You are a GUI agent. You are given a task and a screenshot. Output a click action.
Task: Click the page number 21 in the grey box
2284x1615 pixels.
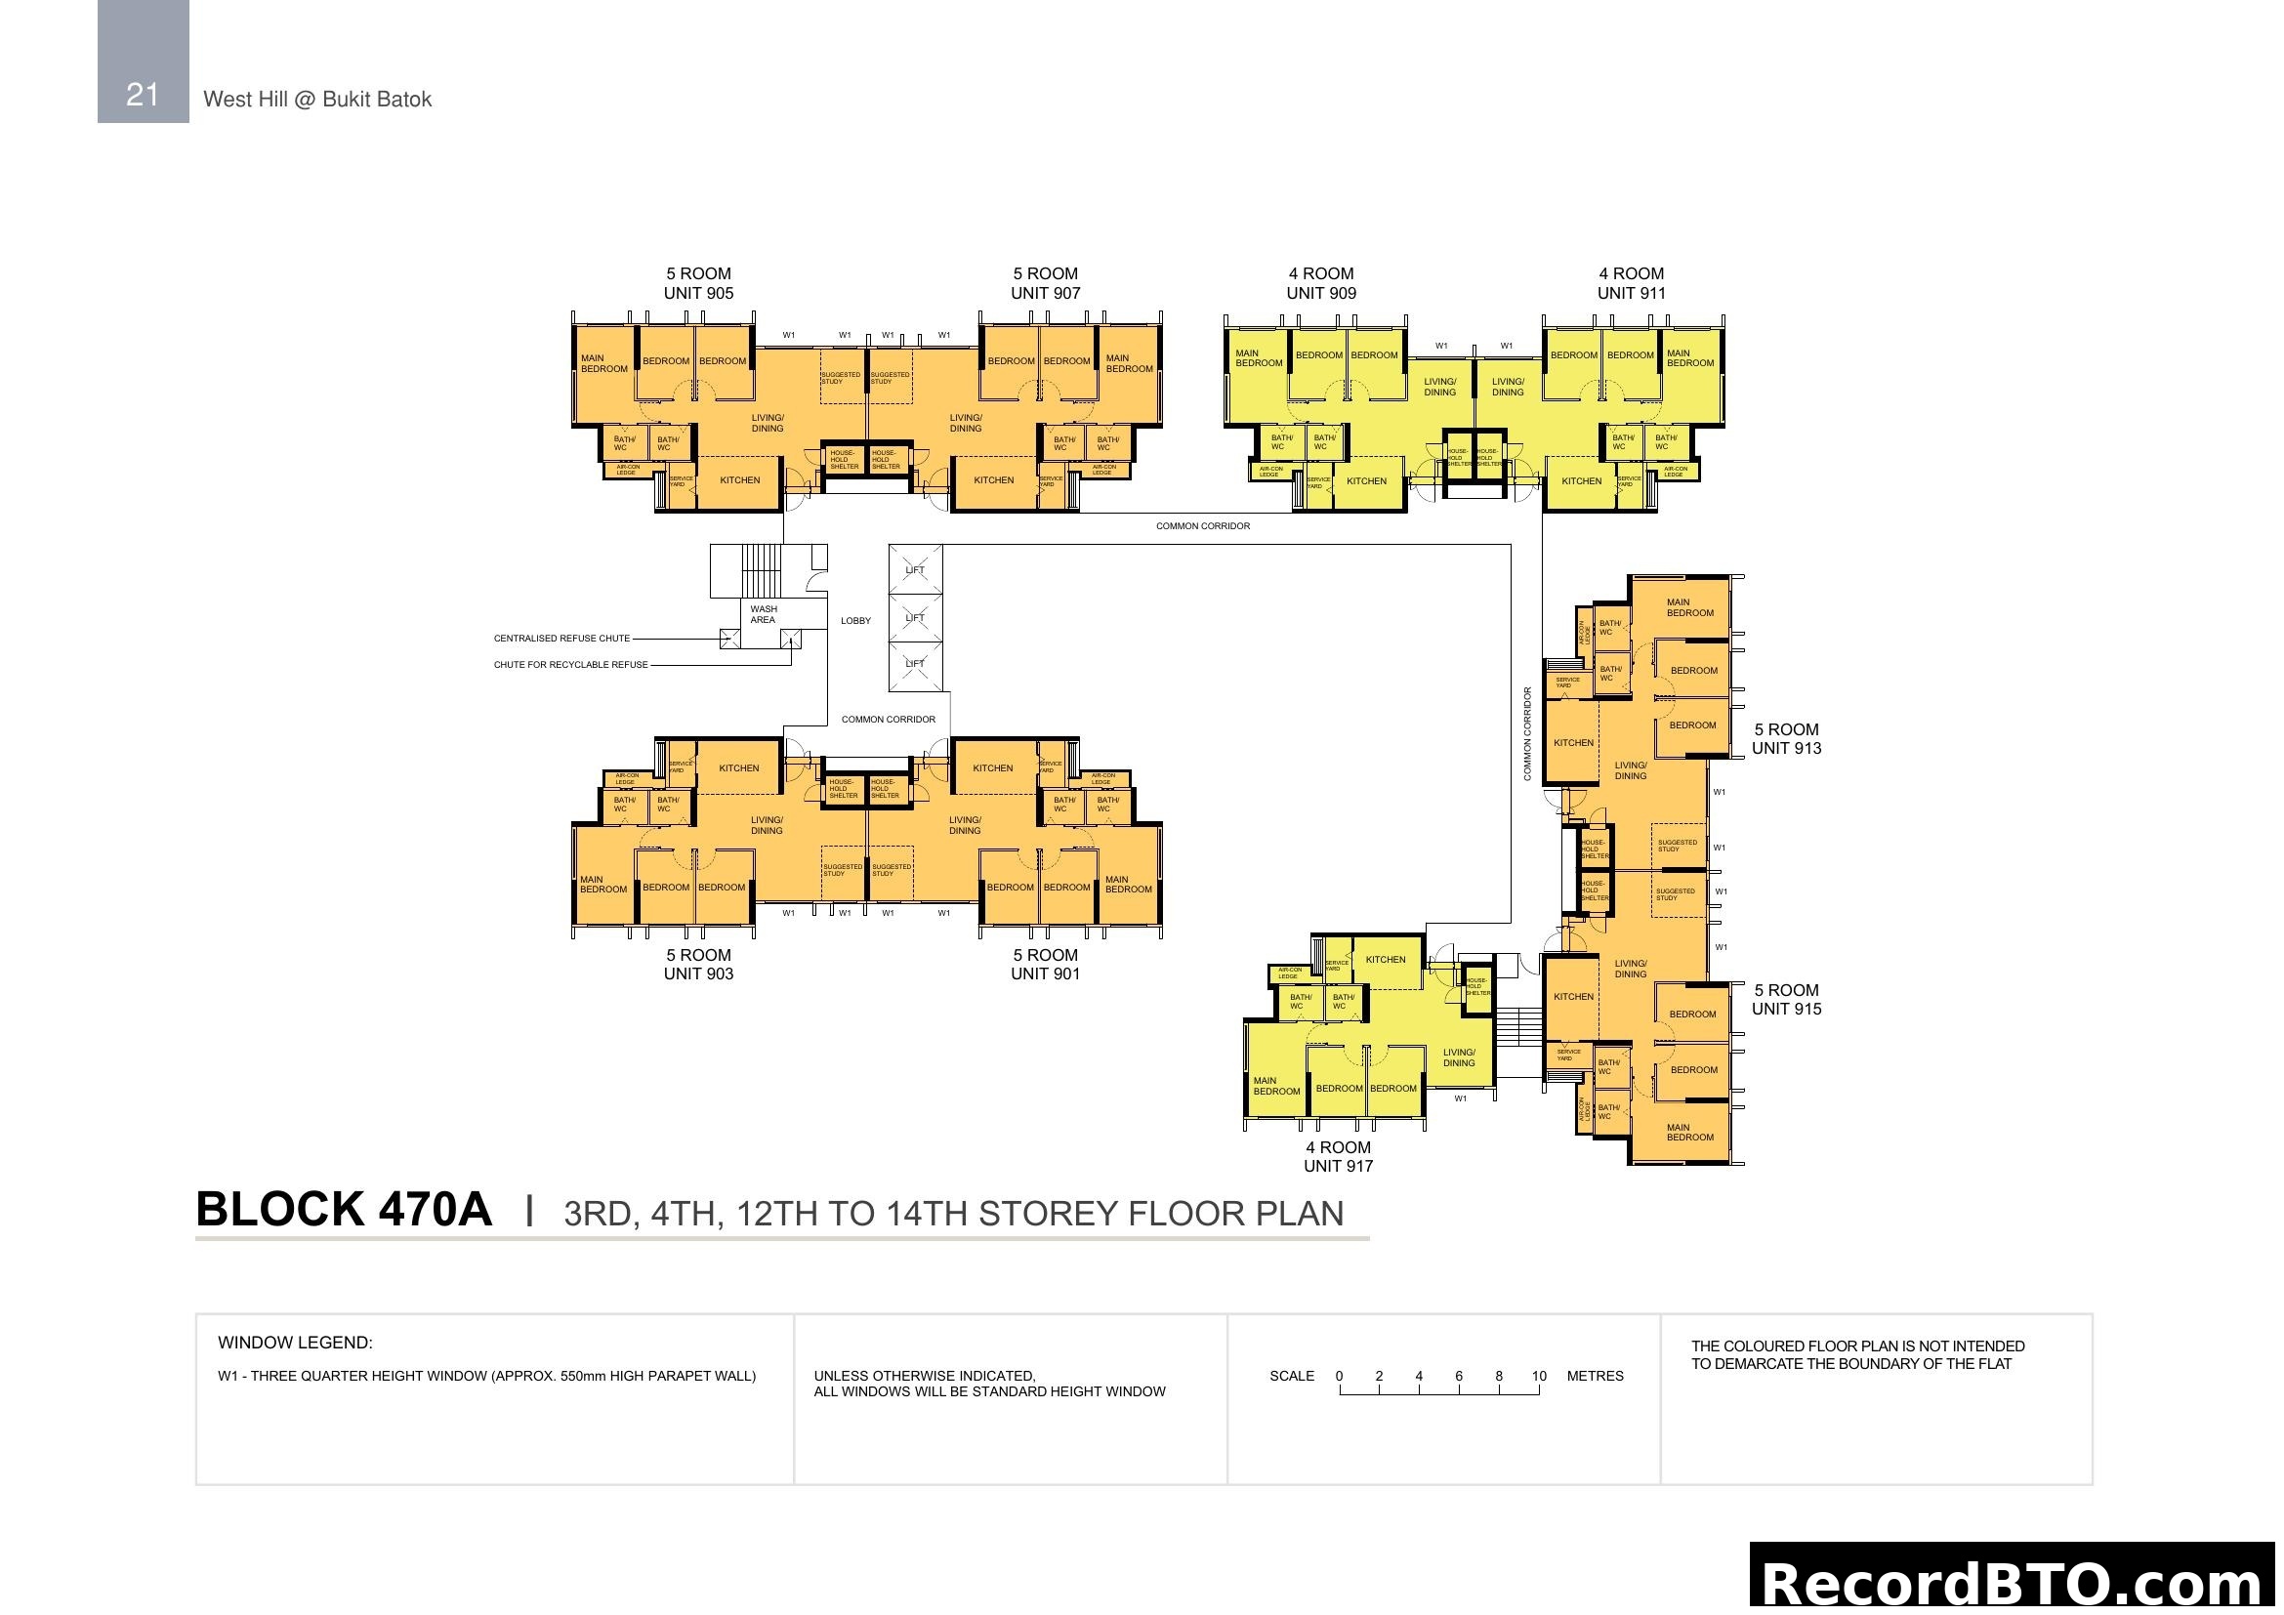point(143,95)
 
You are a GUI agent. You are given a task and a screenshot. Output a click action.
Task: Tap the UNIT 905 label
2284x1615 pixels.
point(698,292)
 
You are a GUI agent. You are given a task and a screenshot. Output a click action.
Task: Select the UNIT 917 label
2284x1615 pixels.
point(1338,1166)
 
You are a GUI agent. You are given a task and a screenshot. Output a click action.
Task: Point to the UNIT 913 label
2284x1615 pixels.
point(1787,748)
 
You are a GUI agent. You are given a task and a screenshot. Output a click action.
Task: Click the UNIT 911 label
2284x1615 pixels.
point(1632,292)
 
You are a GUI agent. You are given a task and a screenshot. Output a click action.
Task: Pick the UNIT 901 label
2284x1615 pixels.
point(1046,973)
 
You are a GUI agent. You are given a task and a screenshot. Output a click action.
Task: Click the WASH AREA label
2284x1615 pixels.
point(763,614)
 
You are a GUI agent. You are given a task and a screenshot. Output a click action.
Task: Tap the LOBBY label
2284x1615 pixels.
point(855,621)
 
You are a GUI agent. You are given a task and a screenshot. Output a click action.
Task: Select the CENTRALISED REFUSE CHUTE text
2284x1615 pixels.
point(562,639)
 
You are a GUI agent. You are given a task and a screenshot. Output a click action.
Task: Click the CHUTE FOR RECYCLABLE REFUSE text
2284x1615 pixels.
point(571,664)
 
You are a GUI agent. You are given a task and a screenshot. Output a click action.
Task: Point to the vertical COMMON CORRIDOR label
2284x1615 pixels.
point(1528,733)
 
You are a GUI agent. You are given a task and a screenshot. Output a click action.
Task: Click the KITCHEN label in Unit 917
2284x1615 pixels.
point(1386,960)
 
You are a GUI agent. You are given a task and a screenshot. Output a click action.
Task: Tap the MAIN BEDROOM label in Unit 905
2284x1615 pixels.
point(603,364)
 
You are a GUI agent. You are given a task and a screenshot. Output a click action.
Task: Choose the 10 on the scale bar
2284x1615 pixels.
point(1539,1377)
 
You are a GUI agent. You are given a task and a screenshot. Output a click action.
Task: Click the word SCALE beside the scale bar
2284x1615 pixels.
point(1291,1377)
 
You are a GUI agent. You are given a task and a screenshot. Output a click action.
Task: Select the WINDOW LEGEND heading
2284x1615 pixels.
point(296,1343)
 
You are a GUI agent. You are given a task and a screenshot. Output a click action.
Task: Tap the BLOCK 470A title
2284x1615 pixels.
point(344,1209)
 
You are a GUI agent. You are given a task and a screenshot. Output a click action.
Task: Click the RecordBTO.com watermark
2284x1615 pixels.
point(2014,1582)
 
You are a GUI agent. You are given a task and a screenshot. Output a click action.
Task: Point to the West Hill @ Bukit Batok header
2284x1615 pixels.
point(317,100)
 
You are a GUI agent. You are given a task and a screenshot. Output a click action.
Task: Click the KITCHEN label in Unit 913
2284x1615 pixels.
point(1574,743)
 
